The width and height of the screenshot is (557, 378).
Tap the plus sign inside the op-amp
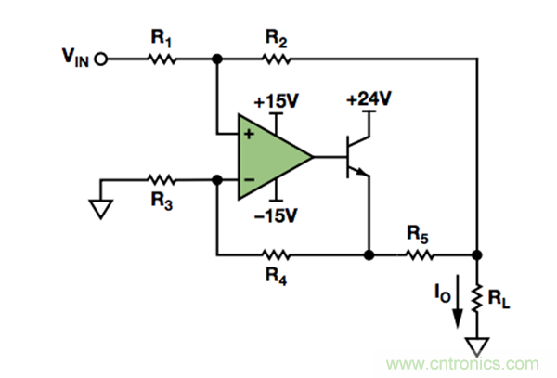pyautogui.click(x=248, y=136)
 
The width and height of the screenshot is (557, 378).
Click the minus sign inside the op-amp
pyautogui.click(x=248, y=178)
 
